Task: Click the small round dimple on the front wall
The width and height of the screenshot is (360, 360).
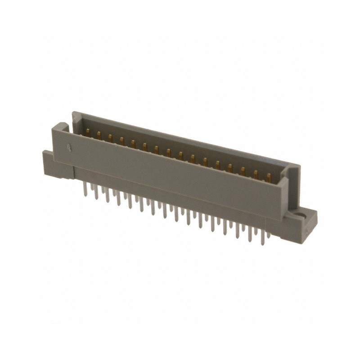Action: click(x=69, y=146)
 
